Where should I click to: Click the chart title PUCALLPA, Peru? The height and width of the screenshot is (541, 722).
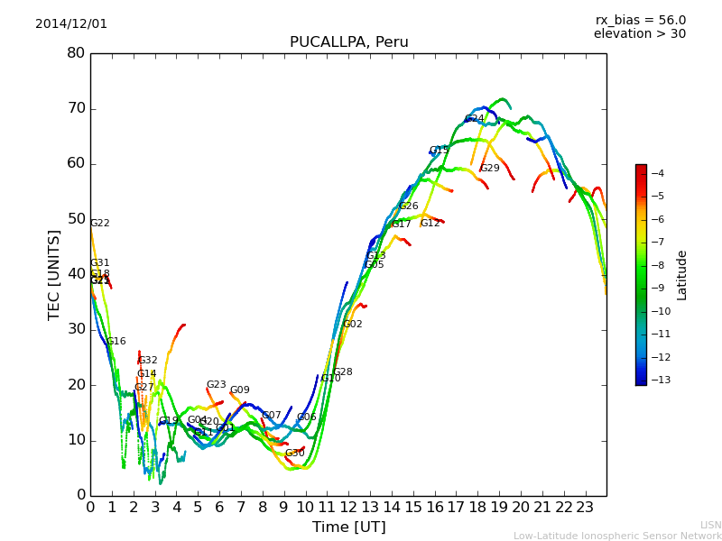(348, 42)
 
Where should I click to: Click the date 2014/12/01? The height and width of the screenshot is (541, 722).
(71, 23)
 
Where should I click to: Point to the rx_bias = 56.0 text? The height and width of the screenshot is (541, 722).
(640, 20)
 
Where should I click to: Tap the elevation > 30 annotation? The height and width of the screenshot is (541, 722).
(639, 34)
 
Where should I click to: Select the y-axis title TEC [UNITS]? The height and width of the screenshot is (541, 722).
(54, 274)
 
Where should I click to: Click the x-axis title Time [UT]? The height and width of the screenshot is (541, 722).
(348, 527)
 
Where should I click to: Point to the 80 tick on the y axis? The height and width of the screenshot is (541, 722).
(76, 53)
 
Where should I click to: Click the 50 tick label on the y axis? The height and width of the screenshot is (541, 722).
(76, 219)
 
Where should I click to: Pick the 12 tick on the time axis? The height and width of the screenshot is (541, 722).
(348, 507)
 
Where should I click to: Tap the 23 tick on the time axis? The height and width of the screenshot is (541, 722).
(585, 507)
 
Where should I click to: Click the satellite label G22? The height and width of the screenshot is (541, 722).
(99, 224)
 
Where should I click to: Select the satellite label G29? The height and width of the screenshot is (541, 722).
(489, 169)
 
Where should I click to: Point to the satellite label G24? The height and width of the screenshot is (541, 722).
(474, 119)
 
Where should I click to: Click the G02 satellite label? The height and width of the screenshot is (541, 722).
(352, 325)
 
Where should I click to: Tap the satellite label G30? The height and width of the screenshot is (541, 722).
(294, 454)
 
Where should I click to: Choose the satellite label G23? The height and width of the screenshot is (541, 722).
(216, 385)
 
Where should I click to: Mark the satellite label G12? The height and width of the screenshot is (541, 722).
(430, 224)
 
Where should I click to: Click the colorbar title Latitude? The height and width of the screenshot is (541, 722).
(682, 275)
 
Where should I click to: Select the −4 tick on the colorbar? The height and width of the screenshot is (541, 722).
(658, 173)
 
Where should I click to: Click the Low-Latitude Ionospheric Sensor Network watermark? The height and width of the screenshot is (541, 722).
(617, 536)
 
